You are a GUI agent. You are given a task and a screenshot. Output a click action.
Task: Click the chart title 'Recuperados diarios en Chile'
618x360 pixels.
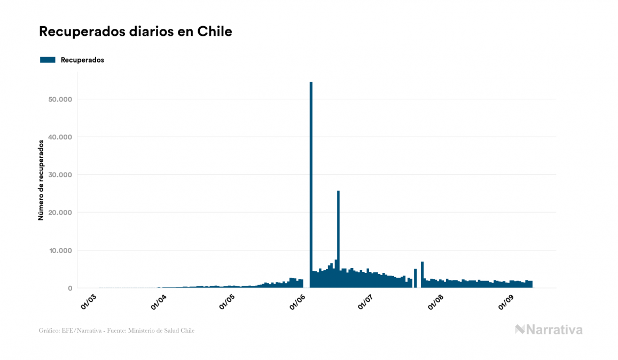coord(136,32)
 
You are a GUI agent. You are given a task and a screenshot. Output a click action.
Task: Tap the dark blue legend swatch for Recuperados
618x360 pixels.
coord(48,60)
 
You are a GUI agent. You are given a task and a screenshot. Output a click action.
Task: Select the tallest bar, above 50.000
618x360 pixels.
coord(311,182)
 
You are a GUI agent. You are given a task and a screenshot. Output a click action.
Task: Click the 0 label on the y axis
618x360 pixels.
coord(69,288)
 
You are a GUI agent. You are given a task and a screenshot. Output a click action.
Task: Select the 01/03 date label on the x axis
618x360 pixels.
coord(88,301)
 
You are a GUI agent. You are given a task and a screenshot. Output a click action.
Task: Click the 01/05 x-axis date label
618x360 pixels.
coord(228,301)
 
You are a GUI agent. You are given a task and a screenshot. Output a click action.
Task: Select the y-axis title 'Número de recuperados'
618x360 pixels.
coord(41,180)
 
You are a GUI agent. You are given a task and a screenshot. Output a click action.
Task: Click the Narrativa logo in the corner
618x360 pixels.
coord(549,330)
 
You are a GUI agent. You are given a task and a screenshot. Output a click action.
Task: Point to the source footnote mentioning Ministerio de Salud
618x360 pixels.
coord(117,331)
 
